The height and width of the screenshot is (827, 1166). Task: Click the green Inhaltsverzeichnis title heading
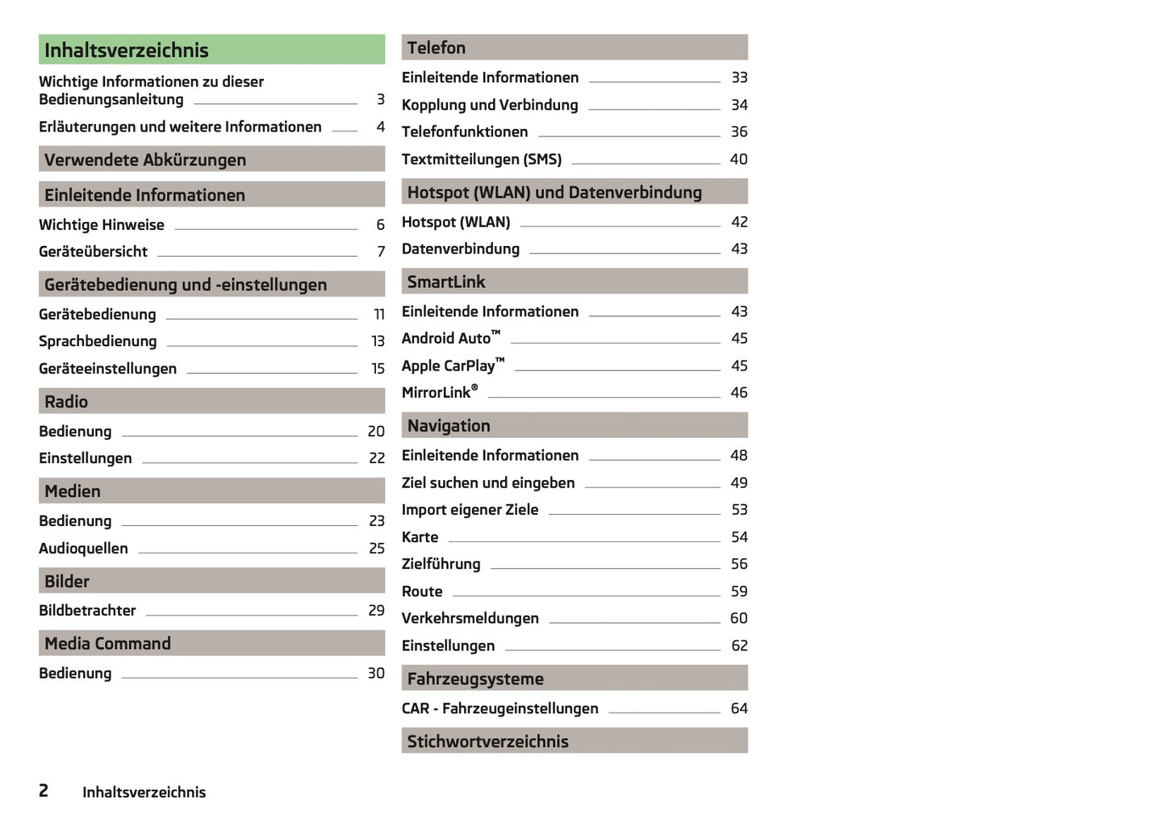[x=127, y=50]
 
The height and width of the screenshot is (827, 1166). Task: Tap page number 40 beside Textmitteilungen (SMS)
[x=738, y=159]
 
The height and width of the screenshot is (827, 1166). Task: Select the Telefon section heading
[x=437, y=48]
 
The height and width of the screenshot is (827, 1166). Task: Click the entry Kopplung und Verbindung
[x=490, y=105]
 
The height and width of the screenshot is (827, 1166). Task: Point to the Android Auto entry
[x=450, y=338]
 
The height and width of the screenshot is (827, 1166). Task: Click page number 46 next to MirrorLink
[x=738, y=392]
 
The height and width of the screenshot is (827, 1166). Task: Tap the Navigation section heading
[x=449, y=425]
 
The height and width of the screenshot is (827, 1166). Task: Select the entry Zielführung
[x=441, y=564]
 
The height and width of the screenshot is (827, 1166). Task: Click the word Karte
[x=420, y=537]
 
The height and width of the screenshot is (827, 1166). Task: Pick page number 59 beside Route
[x=738, y=591]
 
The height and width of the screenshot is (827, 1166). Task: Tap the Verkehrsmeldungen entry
[x=470, y=618]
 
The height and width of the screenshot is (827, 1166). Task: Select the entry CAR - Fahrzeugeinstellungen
[x=499, y=708]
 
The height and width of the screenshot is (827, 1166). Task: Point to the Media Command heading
[x=107, y=643]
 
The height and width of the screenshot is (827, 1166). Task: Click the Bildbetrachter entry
[x=87, y=611]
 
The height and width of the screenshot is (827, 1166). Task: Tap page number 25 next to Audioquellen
[x=376, y=549]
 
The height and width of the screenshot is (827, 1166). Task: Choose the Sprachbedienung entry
[x=98, y=341]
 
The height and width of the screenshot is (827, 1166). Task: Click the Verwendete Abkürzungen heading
[x=145, y=160]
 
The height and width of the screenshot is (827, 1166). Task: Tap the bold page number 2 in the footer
[x=44, y=791]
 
